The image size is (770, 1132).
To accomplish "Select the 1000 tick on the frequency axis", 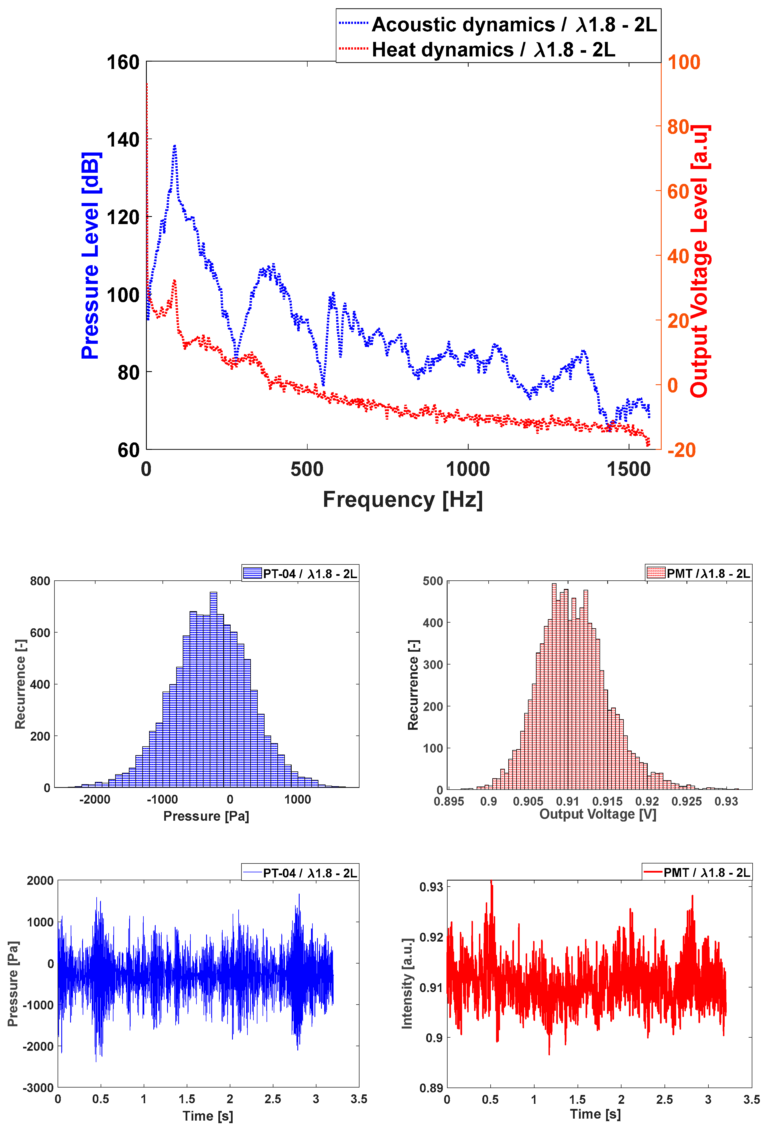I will [468, 469].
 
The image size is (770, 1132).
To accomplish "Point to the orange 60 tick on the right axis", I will [678, 192].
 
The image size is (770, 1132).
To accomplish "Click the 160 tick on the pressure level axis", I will [123, 62].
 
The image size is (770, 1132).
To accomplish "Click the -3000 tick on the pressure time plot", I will [38, 1087].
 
